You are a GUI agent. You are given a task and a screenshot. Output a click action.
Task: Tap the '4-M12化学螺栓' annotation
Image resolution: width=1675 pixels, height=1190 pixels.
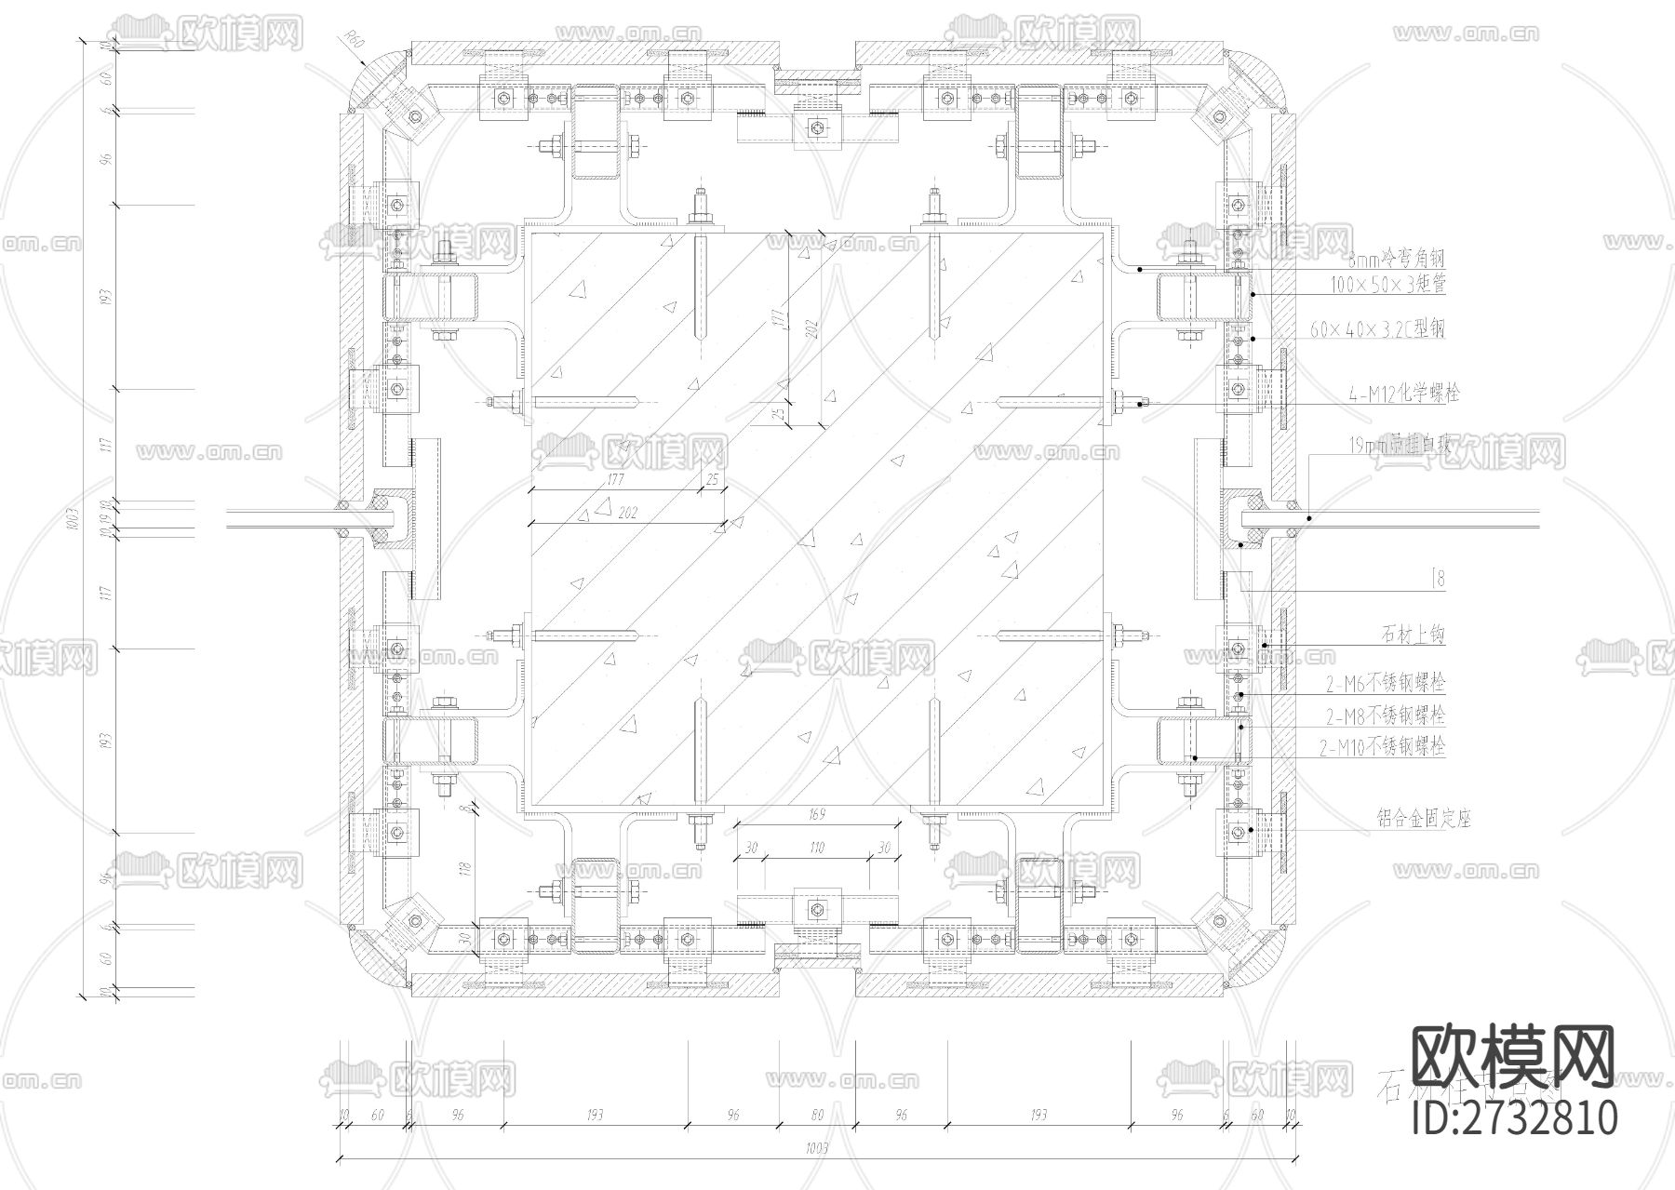click(1403, 394)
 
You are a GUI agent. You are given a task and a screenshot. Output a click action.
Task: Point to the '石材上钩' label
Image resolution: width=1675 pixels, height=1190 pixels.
click(1412, 636)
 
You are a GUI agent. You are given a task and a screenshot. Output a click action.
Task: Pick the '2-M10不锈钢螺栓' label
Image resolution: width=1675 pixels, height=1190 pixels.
click(1383, 746)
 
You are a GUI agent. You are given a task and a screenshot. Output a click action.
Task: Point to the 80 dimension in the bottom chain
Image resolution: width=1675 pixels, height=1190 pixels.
click(817, 1115)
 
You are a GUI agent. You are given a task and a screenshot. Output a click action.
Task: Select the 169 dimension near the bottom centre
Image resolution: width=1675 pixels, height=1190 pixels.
click(817, 814)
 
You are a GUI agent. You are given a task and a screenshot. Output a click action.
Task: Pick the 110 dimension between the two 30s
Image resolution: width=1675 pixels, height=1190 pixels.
click(817, 849)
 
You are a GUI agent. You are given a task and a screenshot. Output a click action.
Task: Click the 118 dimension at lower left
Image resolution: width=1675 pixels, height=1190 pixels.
click(466, 867)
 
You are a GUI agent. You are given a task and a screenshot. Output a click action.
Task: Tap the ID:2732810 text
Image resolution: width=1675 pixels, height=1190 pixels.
click(1514, 1116)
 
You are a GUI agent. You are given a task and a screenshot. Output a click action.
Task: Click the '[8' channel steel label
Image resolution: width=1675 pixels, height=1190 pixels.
click(1438, 580)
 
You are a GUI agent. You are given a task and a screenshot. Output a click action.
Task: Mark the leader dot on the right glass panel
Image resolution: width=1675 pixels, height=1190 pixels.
click(1308, 517)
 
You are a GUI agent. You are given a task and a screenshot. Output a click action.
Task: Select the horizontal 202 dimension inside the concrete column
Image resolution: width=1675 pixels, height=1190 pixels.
click(627, 514)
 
